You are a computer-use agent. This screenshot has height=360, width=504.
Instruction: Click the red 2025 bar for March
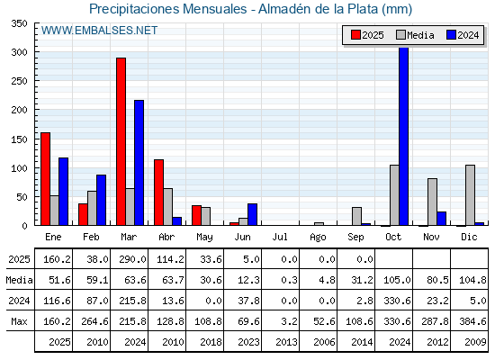tap(121, 141)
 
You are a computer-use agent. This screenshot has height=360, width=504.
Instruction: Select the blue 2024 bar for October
tap(404, 136)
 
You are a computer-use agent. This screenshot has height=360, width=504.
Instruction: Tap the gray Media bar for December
tap(470, 195)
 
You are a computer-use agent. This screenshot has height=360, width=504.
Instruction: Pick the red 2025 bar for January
tap(46, 179)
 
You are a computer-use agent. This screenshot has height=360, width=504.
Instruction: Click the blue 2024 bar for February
tap(101, 200)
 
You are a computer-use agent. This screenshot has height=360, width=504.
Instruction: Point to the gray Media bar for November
tap(432, 202)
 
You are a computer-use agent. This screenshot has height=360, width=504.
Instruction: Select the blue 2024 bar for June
tap(252, 214)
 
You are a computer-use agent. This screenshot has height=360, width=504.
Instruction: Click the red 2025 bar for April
tap(158, 193)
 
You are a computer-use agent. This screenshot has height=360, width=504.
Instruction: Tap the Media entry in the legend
tap(415, 35)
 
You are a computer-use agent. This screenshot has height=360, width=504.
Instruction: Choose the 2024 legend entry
tap(463, 35)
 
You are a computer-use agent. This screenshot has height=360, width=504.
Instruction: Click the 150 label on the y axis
tap(19, 139)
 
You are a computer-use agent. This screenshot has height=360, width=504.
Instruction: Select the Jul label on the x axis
tap(280, 237)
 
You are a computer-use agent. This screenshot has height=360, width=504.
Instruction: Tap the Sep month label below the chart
tap(355, 238)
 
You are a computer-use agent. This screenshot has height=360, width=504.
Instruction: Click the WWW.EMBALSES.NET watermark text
tap(99, 31)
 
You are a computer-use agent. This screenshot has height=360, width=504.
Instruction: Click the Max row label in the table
tap(19, 321)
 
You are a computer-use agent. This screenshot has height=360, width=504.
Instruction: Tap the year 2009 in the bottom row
tap(475, 342)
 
